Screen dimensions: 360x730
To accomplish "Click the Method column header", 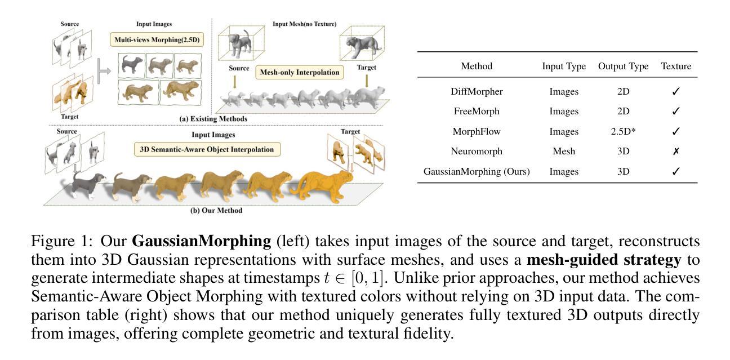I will [x=476, y=66].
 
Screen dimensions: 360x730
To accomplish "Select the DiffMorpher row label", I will [x=477, y=91].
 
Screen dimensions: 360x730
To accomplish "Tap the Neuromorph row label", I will [x=477, y=152].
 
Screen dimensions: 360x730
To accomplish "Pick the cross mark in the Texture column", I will [x=676, y=152].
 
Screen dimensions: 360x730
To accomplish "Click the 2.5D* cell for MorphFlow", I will [x=622, y=131].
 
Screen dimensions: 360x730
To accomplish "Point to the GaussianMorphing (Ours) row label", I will [x=477, y=172].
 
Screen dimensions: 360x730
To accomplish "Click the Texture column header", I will [x=676, y=66].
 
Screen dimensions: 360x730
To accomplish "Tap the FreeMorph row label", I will [x=477, y=111].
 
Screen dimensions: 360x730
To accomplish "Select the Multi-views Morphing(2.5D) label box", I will [x=154, y=41].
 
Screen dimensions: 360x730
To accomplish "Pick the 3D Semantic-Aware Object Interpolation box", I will [x=207, y=150].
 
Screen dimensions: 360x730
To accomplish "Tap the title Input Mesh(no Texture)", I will [x=305, y=24].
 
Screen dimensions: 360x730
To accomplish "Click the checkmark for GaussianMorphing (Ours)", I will [x=676, y=172].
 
